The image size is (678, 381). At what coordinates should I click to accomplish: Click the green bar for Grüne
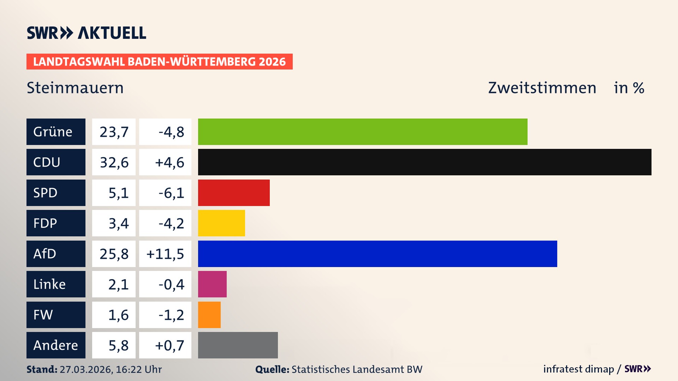363,132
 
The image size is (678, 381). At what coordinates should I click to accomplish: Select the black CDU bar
424,162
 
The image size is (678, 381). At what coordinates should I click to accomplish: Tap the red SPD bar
234,193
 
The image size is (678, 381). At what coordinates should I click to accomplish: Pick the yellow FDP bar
221,223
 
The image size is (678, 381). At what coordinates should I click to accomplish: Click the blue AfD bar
377,254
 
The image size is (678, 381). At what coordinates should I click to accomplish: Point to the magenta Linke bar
212,284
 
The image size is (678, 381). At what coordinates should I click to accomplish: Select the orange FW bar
209,315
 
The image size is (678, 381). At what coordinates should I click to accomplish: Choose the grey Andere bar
238,345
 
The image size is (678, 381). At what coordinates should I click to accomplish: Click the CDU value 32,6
114,162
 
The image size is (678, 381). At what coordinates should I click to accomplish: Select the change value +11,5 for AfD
165,254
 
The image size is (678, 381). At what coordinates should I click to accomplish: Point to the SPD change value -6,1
171,193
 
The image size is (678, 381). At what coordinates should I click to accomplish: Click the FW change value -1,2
171,315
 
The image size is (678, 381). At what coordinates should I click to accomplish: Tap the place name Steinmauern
75,88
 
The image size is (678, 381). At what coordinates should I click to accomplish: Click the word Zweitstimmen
542,88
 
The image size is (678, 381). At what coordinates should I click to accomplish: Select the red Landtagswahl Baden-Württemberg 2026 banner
159,61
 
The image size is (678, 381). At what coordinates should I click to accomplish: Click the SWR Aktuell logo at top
87,33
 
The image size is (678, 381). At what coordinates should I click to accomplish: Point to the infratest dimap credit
578,369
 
